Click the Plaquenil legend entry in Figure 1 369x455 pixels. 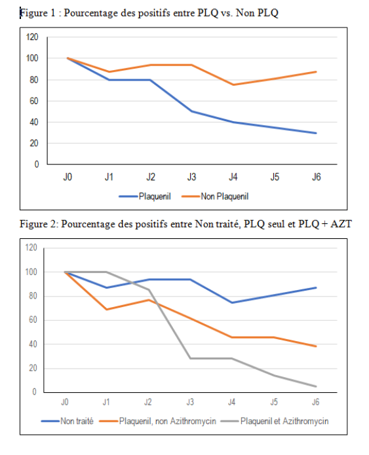145,196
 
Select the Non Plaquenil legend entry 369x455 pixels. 215,196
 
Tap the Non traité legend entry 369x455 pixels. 67,421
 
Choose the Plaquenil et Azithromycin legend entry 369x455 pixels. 275,421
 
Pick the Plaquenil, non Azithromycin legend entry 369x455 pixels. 157,421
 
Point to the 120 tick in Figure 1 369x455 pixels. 32,37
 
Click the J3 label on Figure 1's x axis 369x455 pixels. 192,177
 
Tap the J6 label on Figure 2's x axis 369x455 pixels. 315,402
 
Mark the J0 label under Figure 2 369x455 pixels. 64,402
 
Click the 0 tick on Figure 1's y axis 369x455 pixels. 36,164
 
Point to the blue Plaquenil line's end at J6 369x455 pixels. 316,133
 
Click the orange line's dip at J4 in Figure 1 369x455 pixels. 233,84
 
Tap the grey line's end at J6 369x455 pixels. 316,386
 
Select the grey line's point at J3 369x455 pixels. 190,358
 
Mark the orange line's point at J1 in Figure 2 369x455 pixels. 107,309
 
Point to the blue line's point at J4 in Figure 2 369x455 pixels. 232,302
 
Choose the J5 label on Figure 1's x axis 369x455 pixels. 275,177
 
